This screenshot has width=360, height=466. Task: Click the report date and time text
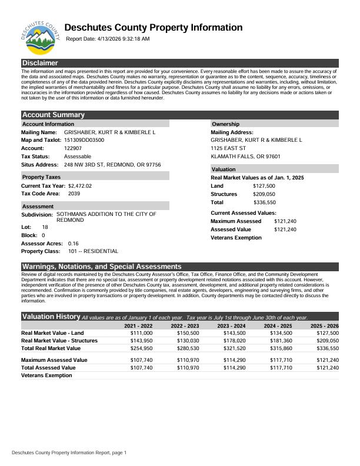108,39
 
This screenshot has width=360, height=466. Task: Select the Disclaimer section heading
40,63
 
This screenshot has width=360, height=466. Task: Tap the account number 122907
73,148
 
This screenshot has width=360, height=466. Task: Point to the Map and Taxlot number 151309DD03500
84,140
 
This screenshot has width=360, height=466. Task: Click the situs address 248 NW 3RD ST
112,165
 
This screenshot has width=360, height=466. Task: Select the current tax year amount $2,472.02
80,186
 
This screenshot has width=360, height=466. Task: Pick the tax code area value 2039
74,194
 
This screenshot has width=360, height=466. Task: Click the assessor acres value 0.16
74,243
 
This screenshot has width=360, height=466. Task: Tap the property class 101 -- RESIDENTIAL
93,251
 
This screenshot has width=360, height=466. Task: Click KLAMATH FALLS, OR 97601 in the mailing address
245,157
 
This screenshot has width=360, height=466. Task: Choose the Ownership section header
225,124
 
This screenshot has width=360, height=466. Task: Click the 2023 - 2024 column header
231,325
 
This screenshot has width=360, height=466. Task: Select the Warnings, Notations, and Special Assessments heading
102,267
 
